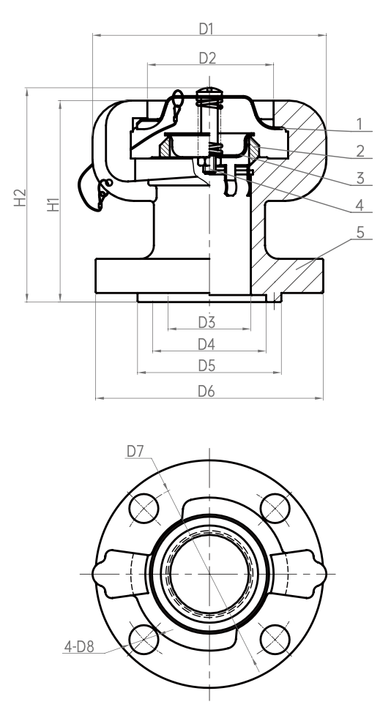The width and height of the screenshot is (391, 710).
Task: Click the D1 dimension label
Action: point(206,29)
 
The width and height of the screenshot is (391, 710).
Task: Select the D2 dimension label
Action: point(207,59)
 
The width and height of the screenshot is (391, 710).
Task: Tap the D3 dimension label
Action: point(206,322)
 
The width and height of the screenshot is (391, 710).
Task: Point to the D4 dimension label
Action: point(206,345)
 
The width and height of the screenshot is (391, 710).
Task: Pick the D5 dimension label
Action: point(206,366)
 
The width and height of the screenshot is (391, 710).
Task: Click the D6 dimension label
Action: point(206,391)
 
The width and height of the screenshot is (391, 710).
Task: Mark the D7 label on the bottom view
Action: point(135,452)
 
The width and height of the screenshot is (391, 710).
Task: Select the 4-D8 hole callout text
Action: point(79,647)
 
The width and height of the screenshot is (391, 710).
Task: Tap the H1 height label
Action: point(53,204)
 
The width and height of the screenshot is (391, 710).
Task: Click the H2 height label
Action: point(20,198)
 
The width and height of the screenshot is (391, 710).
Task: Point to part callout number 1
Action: point(360,124)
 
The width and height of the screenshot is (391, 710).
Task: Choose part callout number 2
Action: point(360,152)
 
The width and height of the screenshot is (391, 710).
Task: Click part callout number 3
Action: point(360,179)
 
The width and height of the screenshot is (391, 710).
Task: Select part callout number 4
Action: point(360,206)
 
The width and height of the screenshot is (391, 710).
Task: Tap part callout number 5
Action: point(360,232)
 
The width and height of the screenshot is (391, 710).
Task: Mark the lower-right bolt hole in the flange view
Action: point(275,639)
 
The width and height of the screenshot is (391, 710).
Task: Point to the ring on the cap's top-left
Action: point(178,98)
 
